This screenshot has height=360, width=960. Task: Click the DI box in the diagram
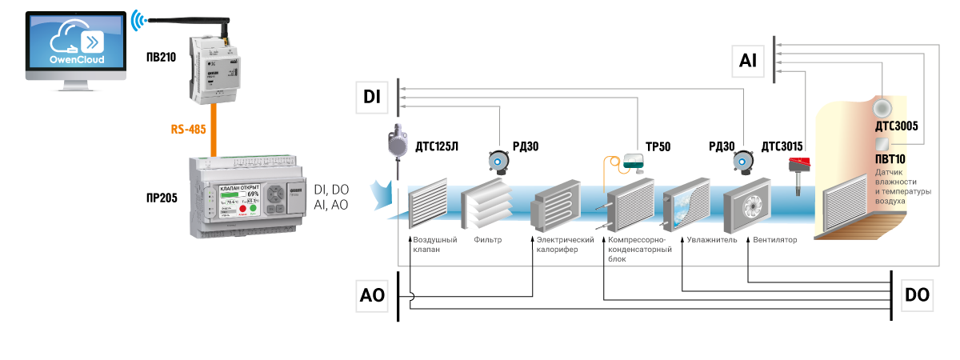(372, 98)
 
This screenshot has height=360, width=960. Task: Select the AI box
(748, 59)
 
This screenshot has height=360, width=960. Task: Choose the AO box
(373, 295)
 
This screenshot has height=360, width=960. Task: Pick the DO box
(917, 295)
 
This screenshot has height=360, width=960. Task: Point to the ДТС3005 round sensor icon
(882, 107)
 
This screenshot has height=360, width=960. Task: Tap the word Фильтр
(487, 239)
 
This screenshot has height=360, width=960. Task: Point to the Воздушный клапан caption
(434, 244)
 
